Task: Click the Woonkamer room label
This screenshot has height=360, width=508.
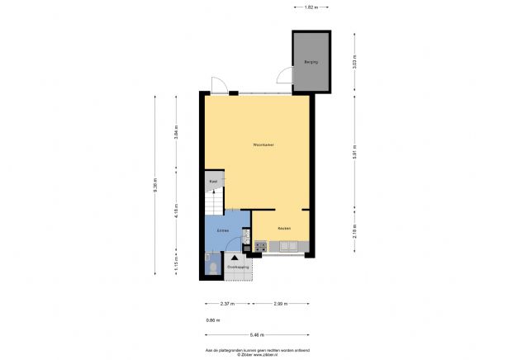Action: click(x=264, y=145)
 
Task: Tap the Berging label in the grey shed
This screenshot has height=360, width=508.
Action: click(x=311, y=62)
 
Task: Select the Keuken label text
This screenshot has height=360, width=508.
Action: click(x=283, y=228)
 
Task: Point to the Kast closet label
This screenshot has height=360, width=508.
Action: click(x=212, y=181)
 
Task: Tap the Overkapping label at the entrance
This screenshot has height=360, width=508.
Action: click(x=238, y=267)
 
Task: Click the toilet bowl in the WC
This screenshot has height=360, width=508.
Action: click(x=212, y=266)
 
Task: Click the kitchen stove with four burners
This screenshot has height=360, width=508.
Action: click(x=261, y=245)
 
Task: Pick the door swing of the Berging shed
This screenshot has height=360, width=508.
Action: click(x=284, y=77)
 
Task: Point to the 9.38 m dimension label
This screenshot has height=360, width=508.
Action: click(x=154, y=186)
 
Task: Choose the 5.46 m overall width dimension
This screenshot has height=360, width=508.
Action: click(x=257, y=334)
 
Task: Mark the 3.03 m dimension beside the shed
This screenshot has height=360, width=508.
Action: click(x=354, y=63)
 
